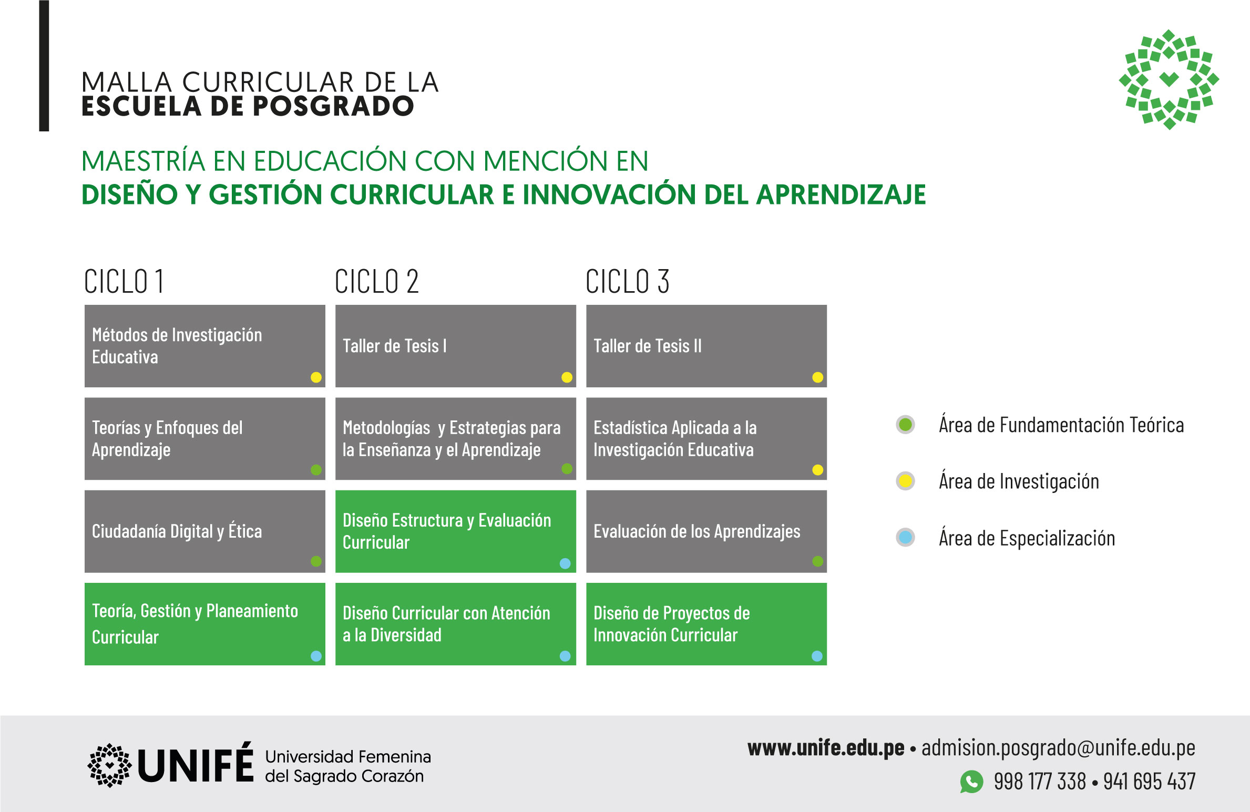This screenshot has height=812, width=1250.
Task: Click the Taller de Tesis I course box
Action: click(x=455, y=346)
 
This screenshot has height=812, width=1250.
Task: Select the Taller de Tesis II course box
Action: click(x=706, y=346)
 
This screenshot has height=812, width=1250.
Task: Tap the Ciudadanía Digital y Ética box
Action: click(x=204, y=531)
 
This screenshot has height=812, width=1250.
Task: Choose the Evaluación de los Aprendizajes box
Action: click(x=706, y=531)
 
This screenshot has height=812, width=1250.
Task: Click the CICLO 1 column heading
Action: click(x=124, y=282)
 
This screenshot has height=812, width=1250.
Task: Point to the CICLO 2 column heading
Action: click(x=376, y=282)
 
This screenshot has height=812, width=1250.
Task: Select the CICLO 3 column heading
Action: click(x=627, y=282)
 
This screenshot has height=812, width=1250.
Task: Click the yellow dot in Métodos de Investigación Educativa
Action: click(x=316, y=377)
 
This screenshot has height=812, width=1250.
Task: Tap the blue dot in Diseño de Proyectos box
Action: click(x=817, y=656)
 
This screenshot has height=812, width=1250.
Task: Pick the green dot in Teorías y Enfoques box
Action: click(x=316, y=470)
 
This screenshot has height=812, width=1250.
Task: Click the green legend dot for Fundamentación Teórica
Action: click(x=905, y=425)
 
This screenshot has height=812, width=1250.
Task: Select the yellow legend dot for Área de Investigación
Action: click(x=905, y=481)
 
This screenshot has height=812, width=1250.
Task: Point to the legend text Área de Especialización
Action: click(x=1027, y=538)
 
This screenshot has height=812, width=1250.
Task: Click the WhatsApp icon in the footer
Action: click(x=971, y=782)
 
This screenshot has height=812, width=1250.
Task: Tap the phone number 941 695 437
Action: click(x=1149, y=782)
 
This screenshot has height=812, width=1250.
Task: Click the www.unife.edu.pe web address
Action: click(x=826, y=748)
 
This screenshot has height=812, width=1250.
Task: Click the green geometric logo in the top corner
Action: click(x=1169, y=79)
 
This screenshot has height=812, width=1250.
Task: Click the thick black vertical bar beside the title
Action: click(x=44, y=66)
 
